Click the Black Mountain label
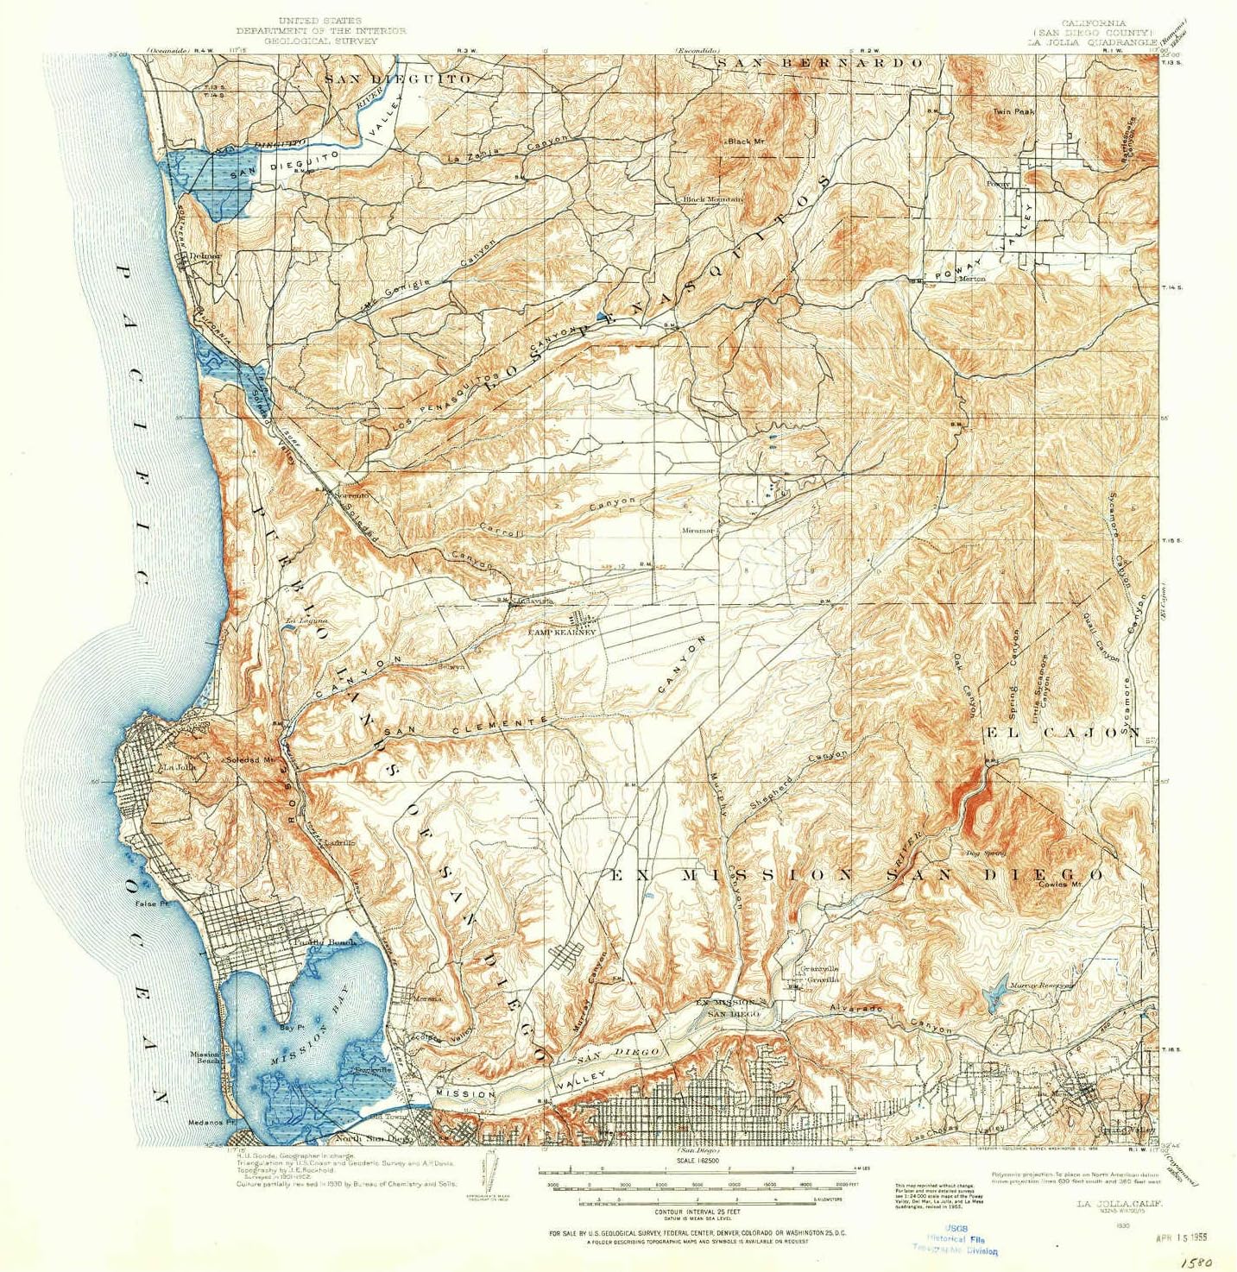(712, 199)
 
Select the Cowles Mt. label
(1060, 884)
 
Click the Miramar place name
(698, 531)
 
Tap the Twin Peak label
(1013, 112)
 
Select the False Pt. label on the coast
(151, 904)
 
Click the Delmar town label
(205, 256)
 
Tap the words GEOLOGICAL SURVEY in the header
(320, 41)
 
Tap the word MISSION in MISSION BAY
(292, 1057)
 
